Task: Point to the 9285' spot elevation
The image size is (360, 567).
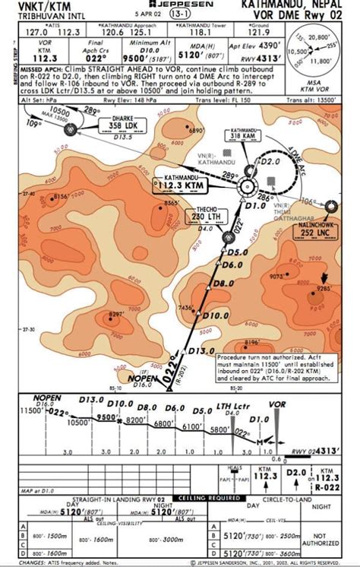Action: (325, 289)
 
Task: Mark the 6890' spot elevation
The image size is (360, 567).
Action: (197, 131)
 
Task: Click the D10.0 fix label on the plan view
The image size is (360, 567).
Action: (216, 315)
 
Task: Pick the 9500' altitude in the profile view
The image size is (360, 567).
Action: (106, 417)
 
